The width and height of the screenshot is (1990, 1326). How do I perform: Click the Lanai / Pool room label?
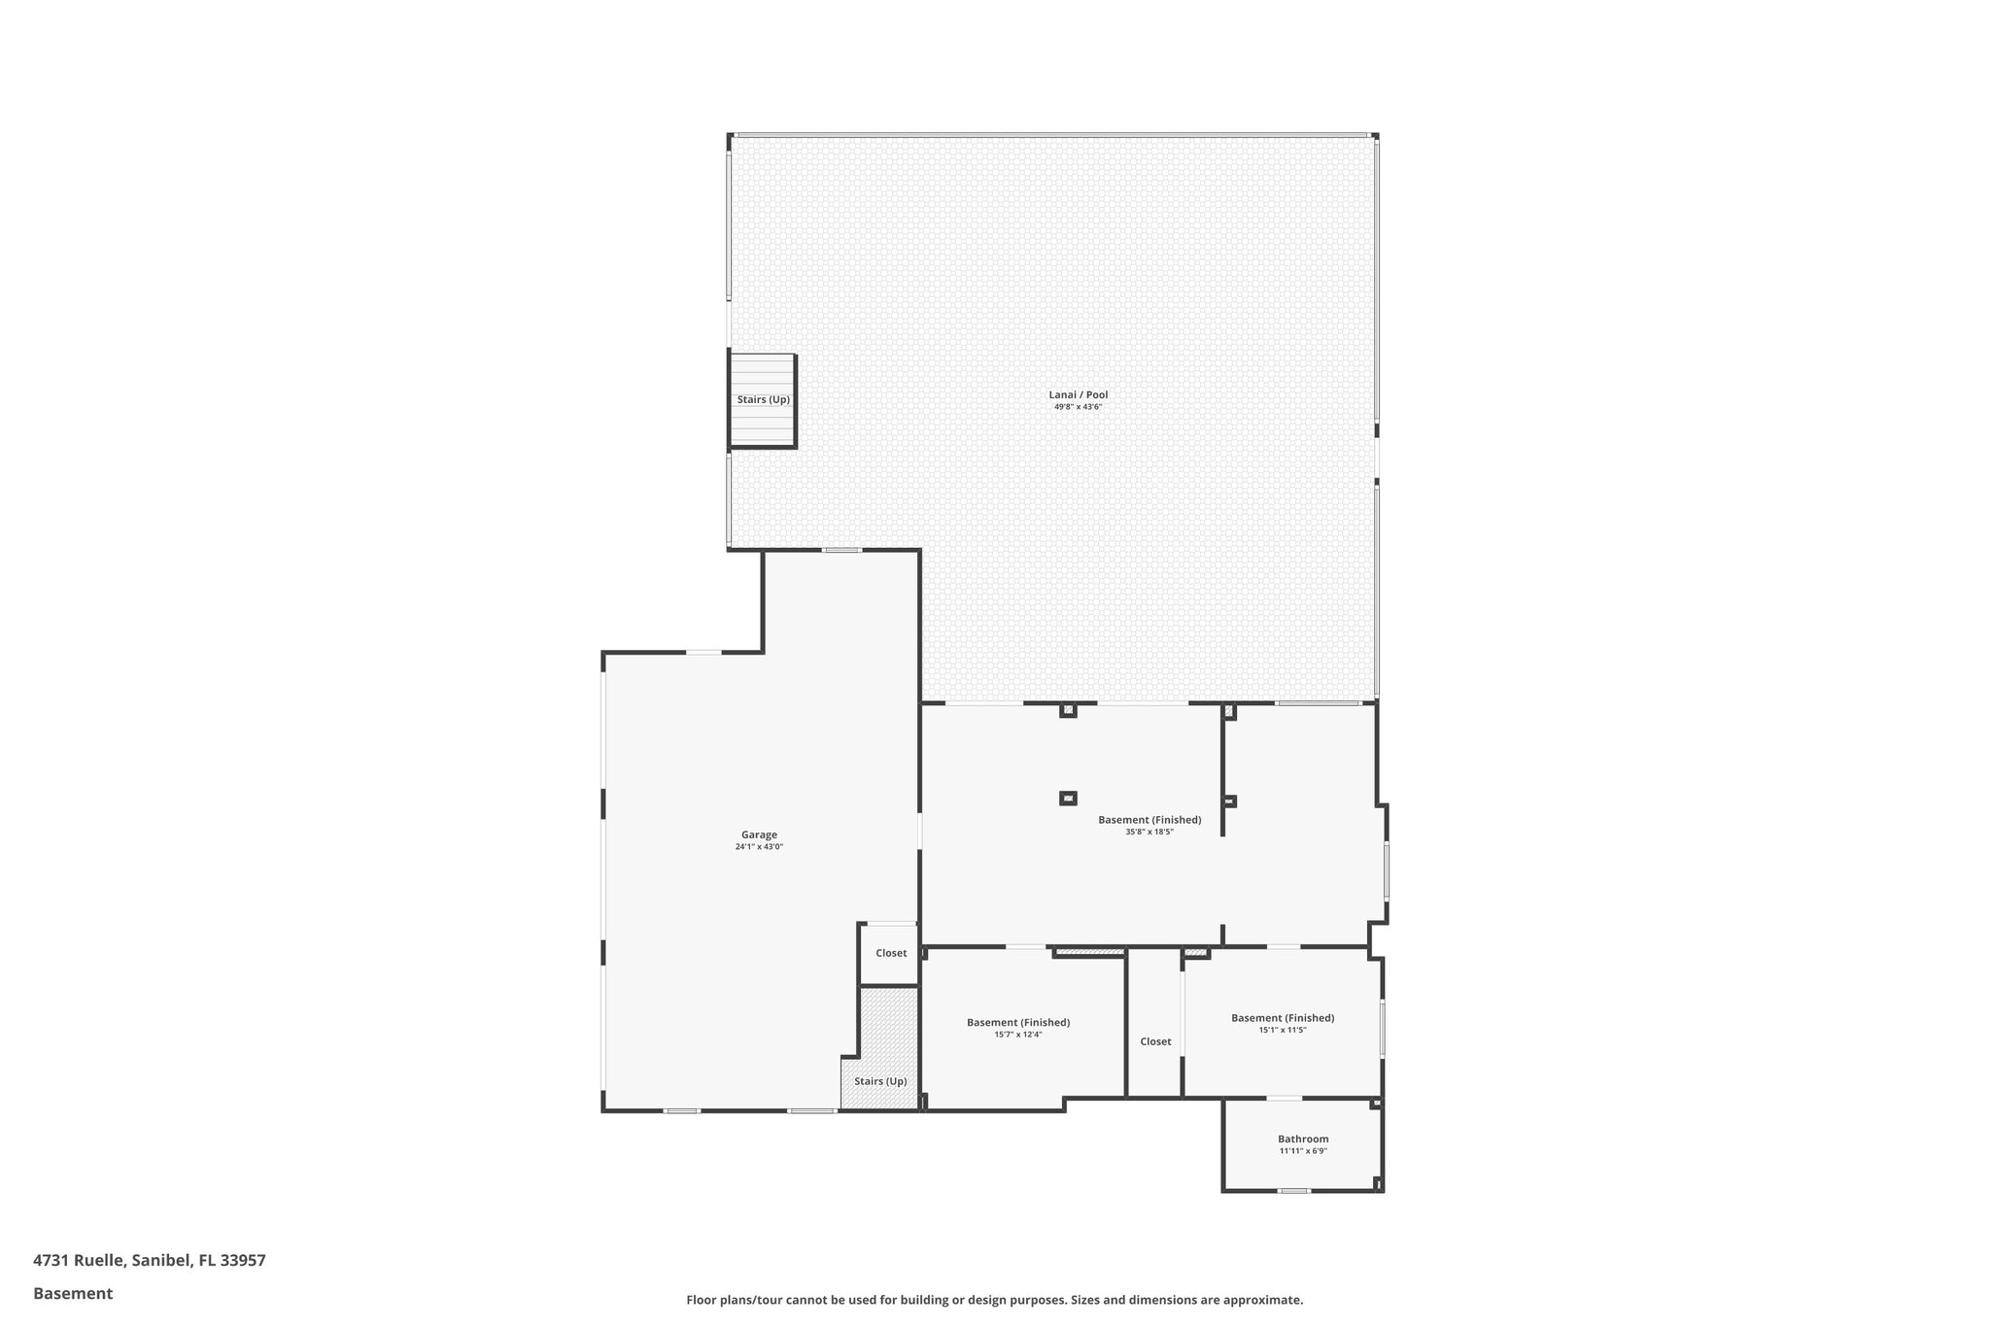pyautogui.click(x=1078, y=394)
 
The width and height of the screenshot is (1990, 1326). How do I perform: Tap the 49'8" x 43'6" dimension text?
pyautogui.click(x=1078, y=407)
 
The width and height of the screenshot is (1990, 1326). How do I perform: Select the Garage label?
pyautogui.click(x=759, y=834)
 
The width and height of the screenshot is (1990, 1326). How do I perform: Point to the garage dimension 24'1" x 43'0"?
pyautogui.click(x=759, y=847)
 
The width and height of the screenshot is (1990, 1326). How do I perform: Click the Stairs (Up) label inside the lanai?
pyautogui.click(x=763, y=399)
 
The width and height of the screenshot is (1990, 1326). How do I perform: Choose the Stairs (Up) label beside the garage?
pyautogui.click(x=880, y=1081)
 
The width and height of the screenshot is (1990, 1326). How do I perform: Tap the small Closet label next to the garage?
pyautogui.click(x=891, y=953)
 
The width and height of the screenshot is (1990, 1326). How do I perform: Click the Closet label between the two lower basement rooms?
pyautogui.click(x=1155, y=1041)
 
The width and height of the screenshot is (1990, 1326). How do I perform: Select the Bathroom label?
pyautogui.click(x=1303, y=1139)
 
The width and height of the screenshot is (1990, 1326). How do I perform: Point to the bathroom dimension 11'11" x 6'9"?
pyautogui.click(x=1303, y=1151)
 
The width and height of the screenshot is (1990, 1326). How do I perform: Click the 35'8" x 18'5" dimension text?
pyautogui.click(x=1149, y=832)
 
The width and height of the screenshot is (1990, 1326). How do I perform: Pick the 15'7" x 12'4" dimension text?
pyautogui.click(x=1017, y=1035)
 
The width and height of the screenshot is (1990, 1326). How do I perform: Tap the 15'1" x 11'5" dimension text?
pyautogui.click(x=1283, y=1030)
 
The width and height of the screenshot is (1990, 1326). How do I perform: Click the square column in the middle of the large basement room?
pyautogui.click(x=1068, y=799)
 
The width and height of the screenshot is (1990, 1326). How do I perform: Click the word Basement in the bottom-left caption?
pyautogui.click(x=73, y=1293)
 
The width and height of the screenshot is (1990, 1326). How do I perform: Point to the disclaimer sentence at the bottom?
pyautogui.click(x=994, y=1300)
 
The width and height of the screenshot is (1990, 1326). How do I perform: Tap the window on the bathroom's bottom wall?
pyautogui.click(x=1293, y=1190)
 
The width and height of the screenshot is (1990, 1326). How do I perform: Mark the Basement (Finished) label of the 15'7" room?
pyautogui.click(x=1017, y=1022)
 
